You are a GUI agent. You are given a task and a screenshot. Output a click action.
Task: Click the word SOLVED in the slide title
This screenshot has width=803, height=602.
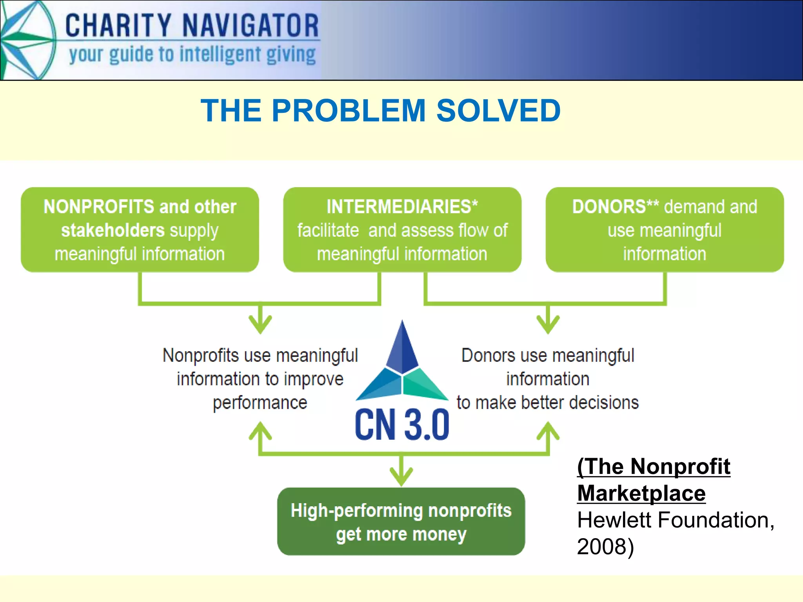tap(498, 111)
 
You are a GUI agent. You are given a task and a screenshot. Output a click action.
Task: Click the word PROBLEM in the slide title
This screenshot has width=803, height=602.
tap(349, 111)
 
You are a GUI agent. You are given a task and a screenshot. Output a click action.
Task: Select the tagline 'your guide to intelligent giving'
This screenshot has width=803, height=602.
tap(192, 55)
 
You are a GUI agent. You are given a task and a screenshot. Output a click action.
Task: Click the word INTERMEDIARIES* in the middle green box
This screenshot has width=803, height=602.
tap(402, 207)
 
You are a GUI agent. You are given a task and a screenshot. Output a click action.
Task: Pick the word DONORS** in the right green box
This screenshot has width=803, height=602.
tap(615, 207)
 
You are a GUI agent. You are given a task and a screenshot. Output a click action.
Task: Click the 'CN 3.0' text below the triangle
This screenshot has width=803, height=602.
tap(402, 424)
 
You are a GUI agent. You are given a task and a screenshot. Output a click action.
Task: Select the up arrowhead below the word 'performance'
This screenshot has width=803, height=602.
tap(260, 431)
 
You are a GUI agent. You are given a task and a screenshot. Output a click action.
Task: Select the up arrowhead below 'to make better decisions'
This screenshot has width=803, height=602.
tap(548, 431)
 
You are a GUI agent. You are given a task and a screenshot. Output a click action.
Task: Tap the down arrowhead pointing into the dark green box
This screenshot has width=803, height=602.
tap(401, 476)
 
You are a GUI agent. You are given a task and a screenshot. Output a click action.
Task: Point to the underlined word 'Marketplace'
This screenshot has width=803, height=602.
tap(641, 493)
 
